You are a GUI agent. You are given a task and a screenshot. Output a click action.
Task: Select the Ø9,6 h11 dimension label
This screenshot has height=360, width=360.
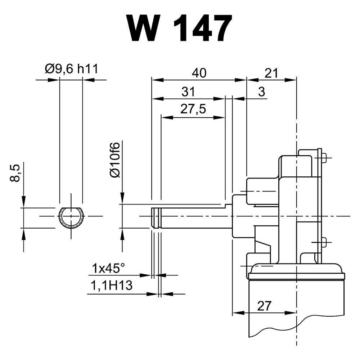point(72,69)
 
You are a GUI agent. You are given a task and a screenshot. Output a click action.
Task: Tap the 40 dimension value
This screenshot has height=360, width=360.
point(199,73)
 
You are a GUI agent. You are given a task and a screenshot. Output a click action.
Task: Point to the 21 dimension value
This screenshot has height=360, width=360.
point(271,73)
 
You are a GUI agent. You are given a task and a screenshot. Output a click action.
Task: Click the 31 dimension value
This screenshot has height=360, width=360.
point(188,91)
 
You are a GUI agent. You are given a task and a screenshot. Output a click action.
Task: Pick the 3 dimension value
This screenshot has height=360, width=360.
point(261,91)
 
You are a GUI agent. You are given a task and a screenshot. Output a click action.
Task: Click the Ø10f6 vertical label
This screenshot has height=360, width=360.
point(115,160)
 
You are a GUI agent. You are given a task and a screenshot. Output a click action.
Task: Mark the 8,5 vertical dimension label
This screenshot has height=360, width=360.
point(15,173)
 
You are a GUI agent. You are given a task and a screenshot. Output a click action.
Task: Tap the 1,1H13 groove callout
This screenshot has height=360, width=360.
point(112,285)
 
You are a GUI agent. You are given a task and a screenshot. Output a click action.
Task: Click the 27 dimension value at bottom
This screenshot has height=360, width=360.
point(264,306)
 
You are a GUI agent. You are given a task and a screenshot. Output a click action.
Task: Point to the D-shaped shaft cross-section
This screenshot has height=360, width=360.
point(71,208)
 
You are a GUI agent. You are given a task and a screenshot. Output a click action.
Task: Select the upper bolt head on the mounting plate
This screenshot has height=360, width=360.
point(324,158)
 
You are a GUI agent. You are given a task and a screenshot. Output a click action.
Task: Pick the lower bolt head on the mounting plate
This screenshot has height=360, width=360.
point(324,242)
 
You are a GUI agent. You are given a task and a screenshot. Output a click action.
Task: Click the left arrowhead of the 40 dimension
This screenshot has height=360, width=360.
point(158,80)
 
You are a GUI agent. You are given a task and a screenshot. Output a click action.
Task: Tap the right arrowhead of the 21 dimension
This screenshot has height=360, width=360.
point(291,80)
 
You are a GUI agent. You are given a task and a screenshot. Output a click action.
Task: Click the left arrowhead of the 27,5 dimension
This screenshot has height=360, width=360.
point(167,117)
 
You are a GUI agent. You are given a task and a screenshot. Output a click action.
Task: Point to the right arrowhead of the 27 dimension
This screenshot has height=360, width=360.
point(291,312)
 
